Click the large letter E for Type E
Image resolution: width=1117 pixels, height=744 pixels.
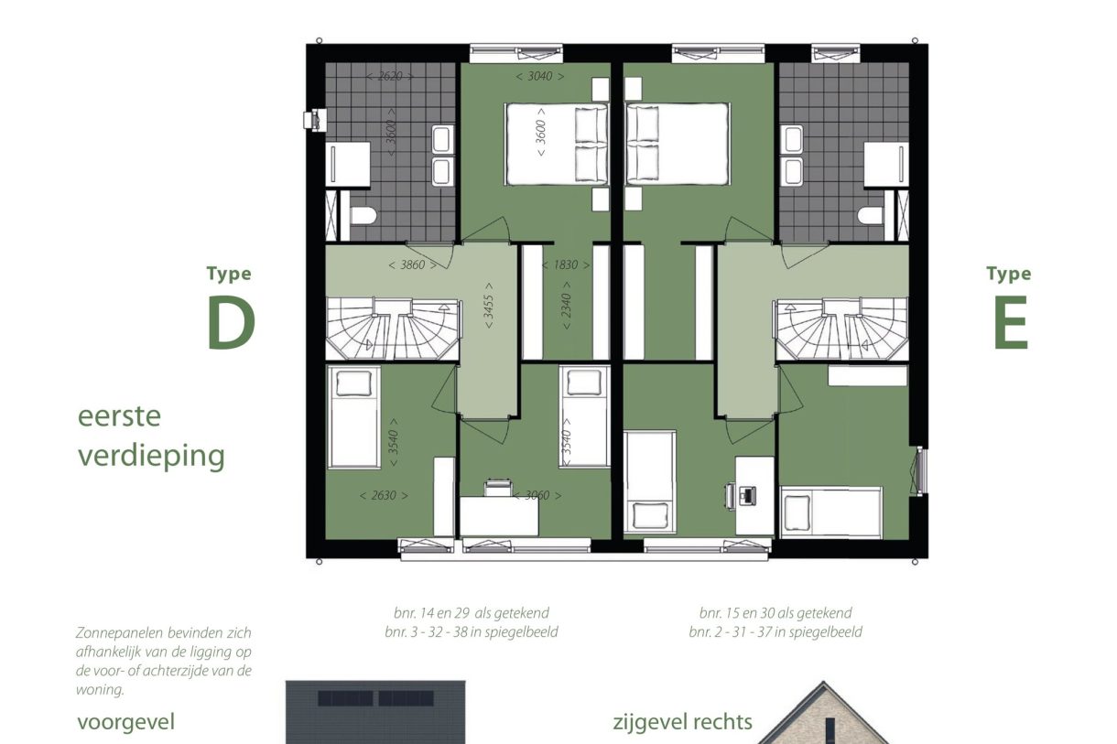(x=1010, y=326)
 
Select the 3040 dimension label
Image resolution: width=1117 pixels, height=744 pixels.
(x=539, y=77)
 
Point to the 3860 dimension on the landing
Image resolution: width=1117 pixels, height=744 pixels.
(x=406, y=264)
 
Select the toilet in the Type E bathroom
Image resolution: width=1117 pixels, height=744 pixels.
(x=871, y=216)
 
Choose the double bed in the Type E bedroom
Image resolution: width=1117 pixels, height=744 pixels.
(x=677, y=143)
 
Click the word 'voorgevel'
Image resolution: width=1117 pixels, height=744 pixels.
(x=125, y=722)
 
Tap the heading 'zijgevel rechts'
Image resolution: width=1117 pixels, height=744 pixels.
(x=682, y=722)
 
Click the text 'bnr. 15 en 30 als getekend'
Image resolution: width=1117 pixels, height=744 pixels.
(x=775, y=613)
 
